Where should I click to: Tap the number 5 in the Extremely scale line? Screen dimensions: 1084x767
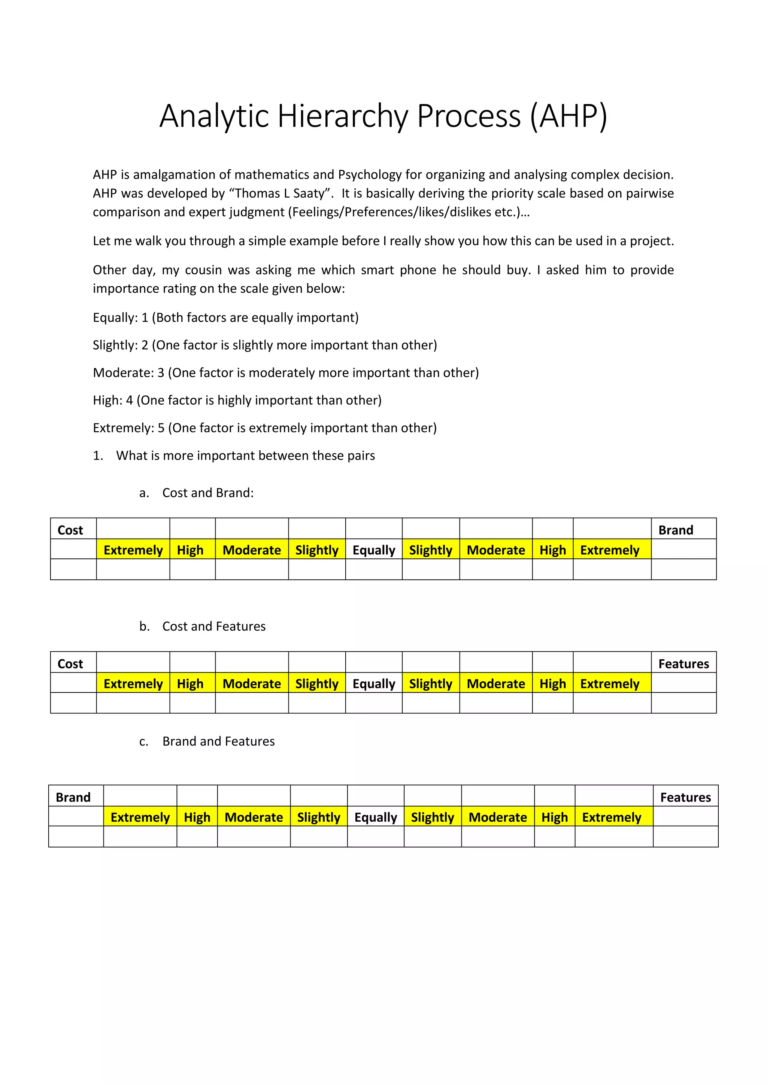pos(161,428)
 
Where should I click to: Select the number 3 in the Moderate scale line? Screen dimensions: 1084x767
pos(161,373)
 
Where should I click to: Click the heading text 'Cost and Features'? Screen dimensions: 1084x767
pos(214,627)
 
